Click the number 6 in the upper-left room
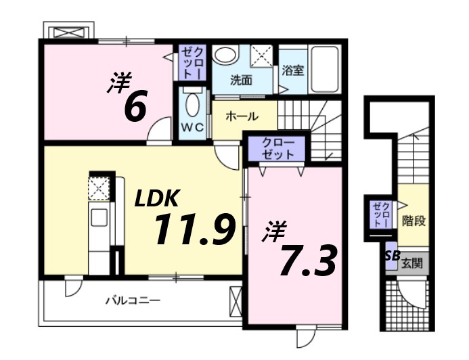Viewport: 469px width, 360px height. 135,106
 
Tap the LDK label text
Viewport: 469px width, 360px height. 156,198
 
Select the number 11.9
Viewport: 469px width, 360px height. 194,230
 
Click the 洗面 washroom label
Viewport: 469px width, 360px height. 241,80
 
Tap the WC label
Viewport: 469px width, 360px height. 192,127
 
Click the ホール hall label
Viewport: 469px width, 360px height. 241,116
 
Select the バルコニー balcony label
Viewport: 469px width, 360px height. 133,300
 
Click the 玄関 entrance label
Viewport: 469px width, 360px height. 411,262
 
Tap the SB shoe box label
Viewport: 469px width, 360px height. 391,255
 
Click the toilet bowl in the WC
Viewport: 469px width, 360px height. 192,105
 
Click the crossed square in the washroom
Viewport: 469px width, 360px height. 261,55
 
